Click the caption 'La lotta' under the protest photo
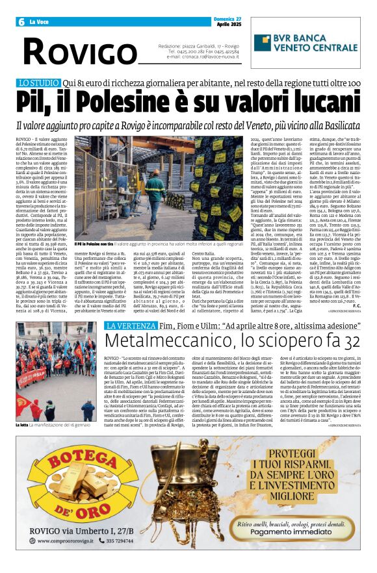point(22,424)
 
